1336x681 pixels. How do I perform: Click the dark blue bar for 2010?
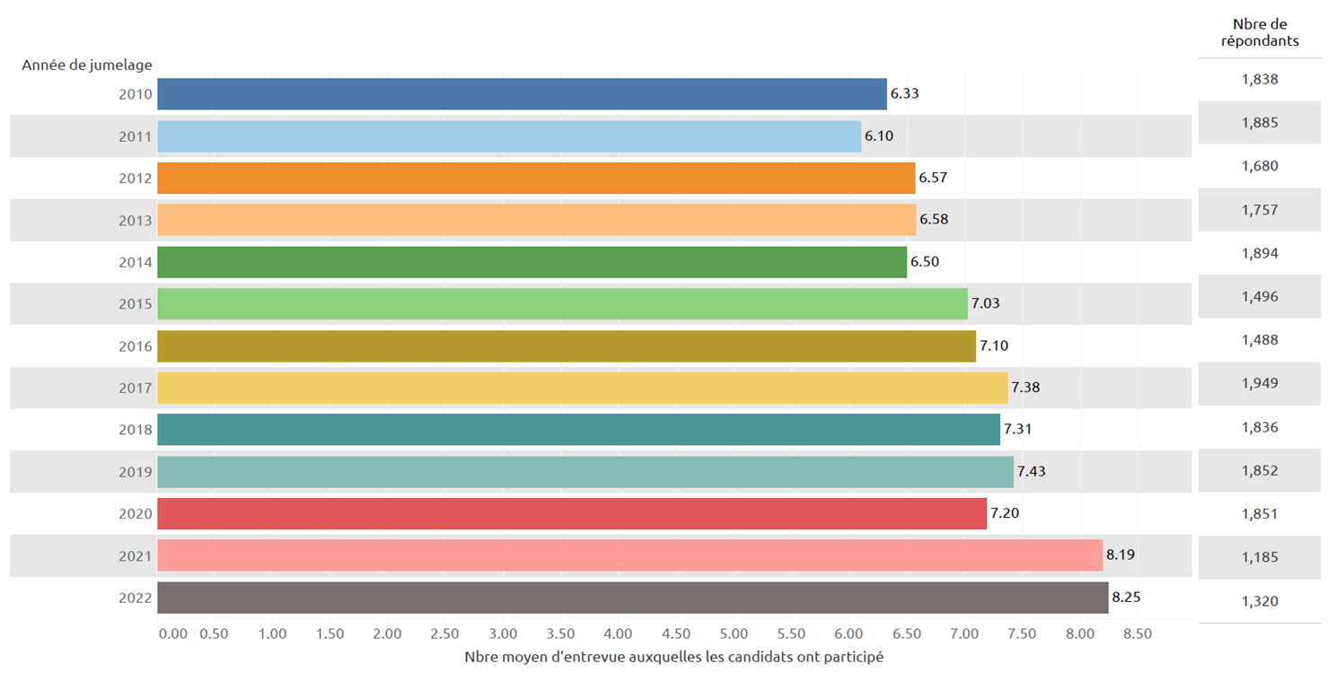[522, 94]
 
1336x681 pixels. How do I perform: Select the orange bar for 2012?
[536, 178]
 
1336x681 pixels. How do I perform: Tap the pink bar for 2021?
[629, 555]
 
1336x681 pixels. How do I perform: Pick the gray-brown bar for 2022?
[632, 598]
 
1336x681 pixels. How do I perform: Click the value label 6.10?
[879, 136]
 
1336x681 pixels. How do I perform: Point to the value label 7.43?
[1032, 471]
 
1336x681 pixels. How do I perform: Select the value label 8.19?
[1121, 555]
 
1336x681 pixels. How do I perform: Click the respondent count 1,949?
[1259, 384]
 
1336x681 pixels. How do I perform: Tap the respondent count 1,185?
[1259, 558]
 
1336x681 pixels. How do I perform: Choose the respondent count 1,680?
[1259, 166]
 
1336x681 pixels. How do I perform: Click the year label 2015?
[136, 304]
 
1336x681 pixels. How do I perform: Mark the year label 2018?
[136, 430]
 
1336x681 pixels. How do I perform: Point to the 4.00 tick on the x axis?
[619, 633]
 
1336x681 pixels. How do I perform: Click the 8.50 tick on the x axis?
[1138, 633]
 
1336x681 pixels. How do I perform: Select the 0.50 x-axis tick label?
[214, 633]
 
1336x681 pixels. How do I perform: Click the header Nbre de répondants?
[1260, 32]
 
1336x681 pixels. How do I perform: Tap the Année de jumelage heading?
[87, 65]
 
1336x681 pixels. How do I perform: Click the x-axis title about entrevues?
[673, 657]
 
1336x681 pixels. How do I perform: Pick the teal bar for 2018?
[578, 430]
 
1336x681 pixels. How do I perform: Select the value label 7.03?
[985, 304]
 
